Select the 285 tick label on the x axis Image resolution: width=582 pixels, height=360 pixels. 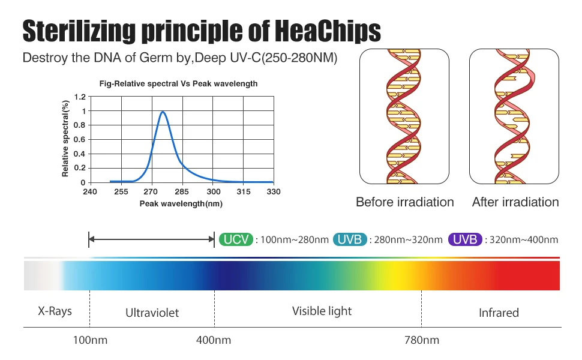tap(182, 191)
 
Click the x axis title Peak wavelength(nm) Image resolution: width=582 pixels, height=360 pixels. tap(181, 203)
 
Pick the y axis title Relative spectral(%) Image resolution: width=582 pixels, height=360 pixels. tap(66, 139)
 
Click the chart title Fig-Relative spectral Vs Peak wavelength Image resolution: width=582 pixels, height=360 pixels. tap(178, 84)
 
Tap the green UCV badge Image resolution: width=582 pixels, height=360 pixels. tap(236, 239)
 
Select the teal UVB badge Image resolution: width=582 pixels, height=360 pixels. tap(349, 239)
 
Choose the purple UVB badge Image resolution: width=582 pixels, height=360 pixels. tap(465, 239)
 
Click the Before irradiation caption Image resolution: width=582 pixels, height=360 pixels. tap(405, 202)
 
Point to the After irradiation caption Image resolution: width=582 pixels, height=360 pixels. tap(515, 202)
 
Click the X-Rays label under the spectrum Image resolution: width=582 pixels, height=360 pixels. tap(55, 311)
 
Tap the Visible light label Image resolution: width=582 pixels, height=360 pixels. tap(322, 311)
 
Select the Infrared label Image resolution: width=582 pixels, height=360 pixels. tap(499, 313)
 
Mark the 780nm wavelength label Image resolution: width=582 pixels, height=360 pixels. tap(422, 340)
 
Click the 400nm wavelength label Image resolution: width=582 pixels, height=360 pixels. tap(214, 340)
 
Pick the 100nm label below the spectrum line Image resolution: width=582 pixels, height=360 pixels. tap(90, 340)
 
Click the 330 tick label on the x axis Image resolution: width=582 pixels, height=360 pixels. tap(273, 191)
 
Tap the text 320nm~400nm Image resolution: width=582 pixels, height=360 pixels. tap(524, 240)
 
